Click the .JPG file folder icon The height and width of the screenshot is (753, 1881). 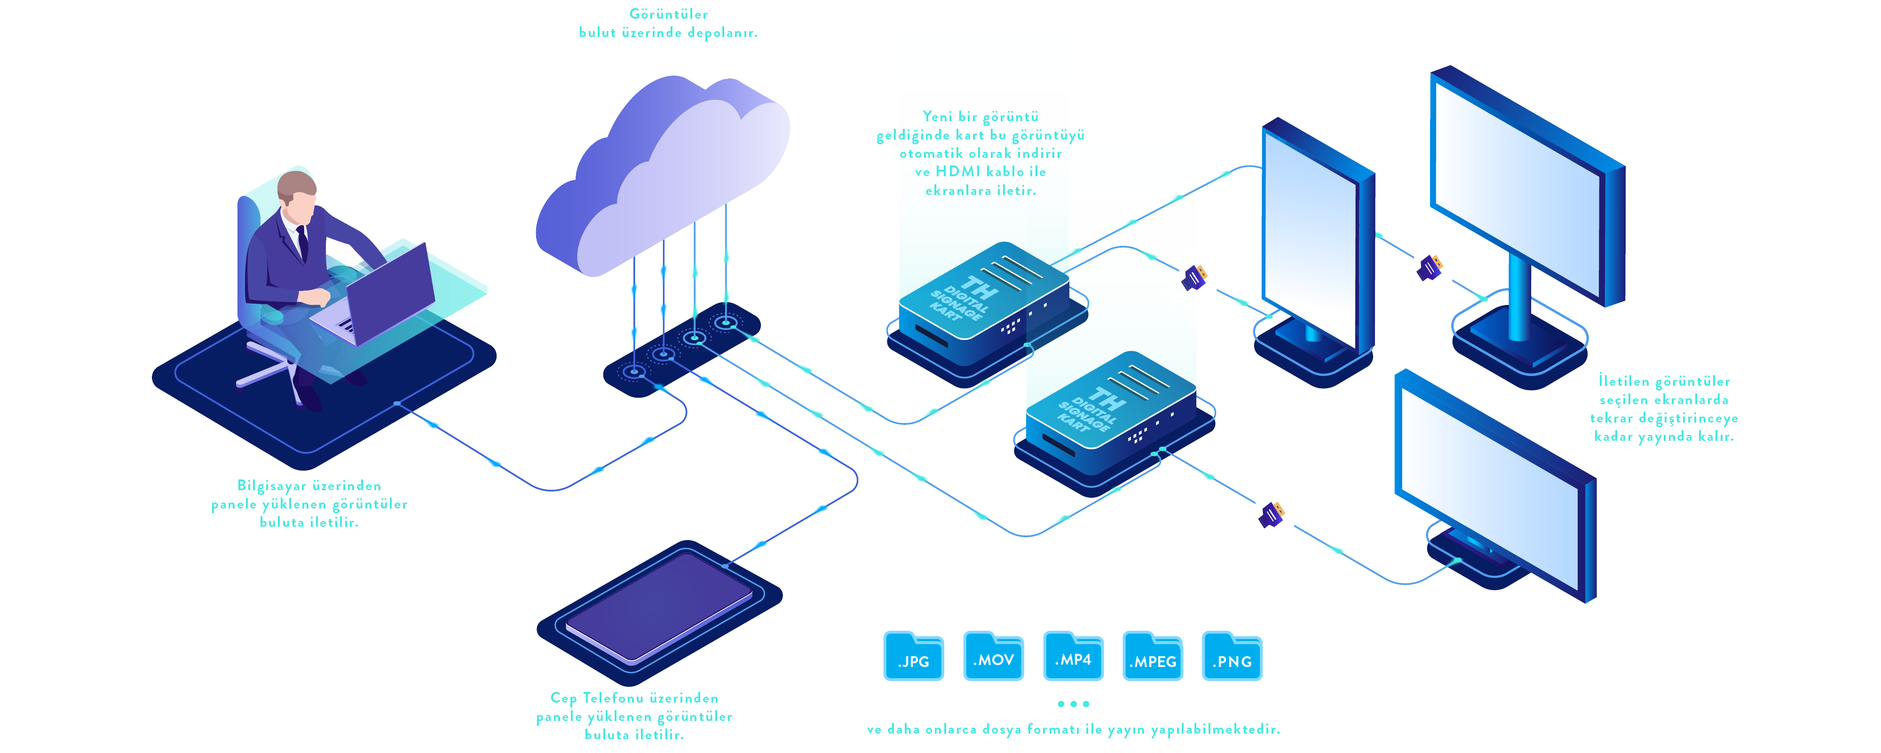coord(914,656)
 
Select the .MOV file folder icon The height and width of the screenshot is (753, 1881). coord(993,656)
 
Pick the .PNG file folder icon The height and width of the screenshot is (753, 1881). coord(1232,656)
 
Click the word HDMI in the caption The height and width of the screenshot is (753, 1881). coord(958,172)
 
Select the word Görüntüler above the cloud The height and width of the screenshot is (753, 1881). coord(668,14)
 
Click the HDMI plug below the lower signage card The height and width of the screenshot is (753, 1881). coord(1271,514)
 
